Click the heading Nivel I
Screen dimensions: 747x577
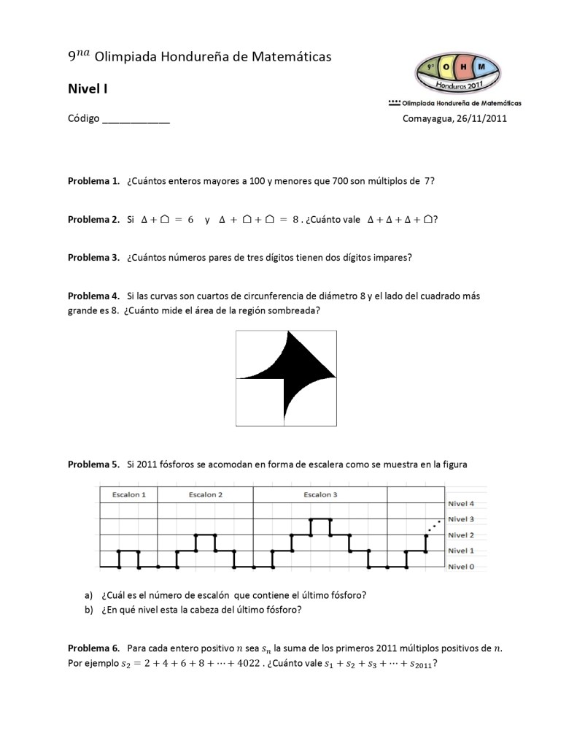[x=88, y=89]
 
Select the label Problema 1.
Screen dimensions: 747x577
[x=93, y=180]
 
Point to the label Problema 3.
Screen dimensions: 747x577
[x=93, y=257]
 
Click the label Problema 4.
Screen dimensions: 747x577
[x=93, y=296]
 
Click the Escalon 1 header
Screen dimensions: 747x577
[x=128, y=494]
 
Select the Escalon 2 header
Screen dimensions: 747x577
[x=206, y=494]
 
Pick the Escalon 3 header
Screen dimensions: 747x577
[x=320, y=494]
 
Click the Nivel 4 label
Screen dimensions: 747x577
[x=461, y=504]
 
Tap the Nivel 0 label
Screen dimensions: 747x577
[x=461, y=567]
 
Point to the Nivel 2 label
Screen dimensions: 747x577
[x=461, y=535]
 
